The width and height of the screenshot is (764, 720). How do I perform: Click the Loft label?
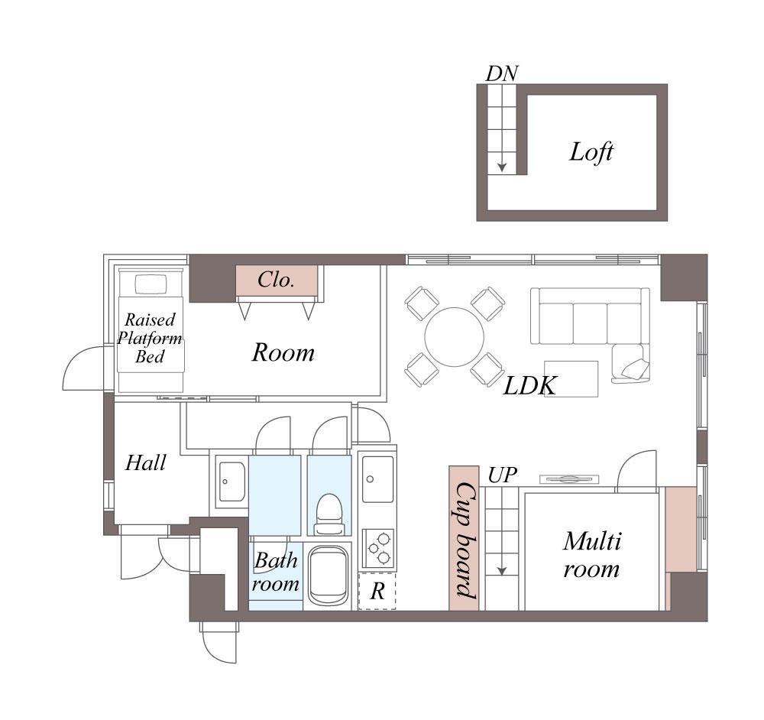(x=591, y=152)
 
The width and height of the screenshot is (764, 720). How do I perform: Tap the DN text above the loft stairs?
(x=502, y=73)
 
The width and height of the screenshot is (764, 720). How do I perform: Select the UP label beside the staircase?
(x=503, y=475)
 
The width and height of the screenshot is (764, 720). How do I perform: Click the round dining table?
(x=454, y=337)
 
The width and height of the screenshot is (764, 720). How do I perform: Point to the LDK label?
(x=529, y=386)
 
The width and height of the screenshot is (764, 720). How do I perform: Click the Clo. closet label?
(x=276, y=280)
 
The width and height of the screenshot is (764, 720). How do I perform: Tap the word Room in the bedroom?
(x=283, y=352)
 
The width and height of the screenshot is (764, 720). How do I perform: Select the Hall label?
(x=145, y=462)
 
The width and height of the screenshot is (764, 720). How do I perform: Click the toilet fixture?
(x=329, y=514)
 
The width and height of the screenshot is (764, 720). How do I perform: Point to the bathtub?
(x=328, y=576)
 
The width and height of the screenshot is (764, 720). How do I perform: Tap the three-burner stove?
(x=379, y=548)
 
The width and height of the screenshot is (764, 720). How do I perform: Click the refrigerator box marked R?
(x=377, y=592)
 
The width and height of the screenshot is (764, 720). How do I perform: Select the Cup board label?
(x=465, y=540)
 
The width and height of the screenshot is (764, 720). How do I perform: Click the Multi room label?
(x=591, y=555)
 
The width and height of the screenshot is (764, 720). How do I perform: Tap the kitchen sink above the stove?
(x=377, y=479)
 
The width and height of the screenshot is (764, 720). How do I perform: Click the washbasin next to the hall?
(x=232, y=482)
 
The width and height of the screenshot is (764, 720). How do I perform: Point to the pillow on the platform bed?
(x=151, y=284)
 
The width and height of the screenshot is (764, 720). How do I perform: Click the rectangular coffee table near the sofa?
(x=571, y=379)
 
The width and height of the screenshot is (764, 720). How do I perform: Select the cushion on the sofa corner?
(x=636, y=370)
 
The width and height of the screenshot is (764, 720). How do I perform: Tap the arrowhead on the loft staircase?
(x=502, y=167)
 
